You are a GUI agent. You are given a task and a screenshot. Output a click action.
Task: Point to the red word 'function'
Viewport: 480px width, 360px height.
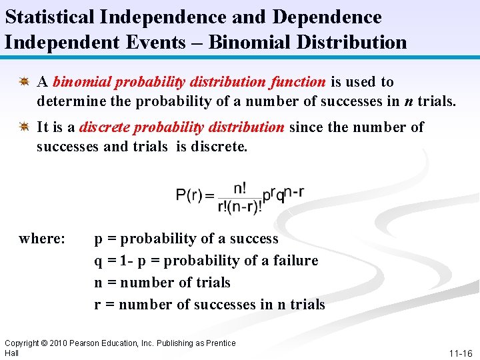[x=297, y=82]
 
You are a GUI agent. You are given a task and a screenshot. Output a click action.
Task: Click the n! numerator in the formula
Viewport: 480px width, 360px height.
[x=239, y=187]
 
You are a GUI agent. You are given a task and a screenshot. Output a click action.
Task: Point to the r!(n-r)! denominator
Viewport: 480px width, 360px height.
[x=239, y=206]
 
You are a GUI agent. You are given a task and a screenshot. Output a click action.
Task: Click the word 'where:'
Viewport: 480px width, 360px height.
[x=42, y=238]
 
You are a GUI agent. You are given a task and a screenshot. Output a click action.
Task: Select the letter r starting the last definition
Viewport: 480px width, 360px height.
[x=98, y=305]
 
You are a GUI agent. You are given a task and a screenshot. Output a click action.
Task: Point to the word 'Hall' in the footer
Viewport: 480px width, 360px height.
[x=11, y=353]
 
